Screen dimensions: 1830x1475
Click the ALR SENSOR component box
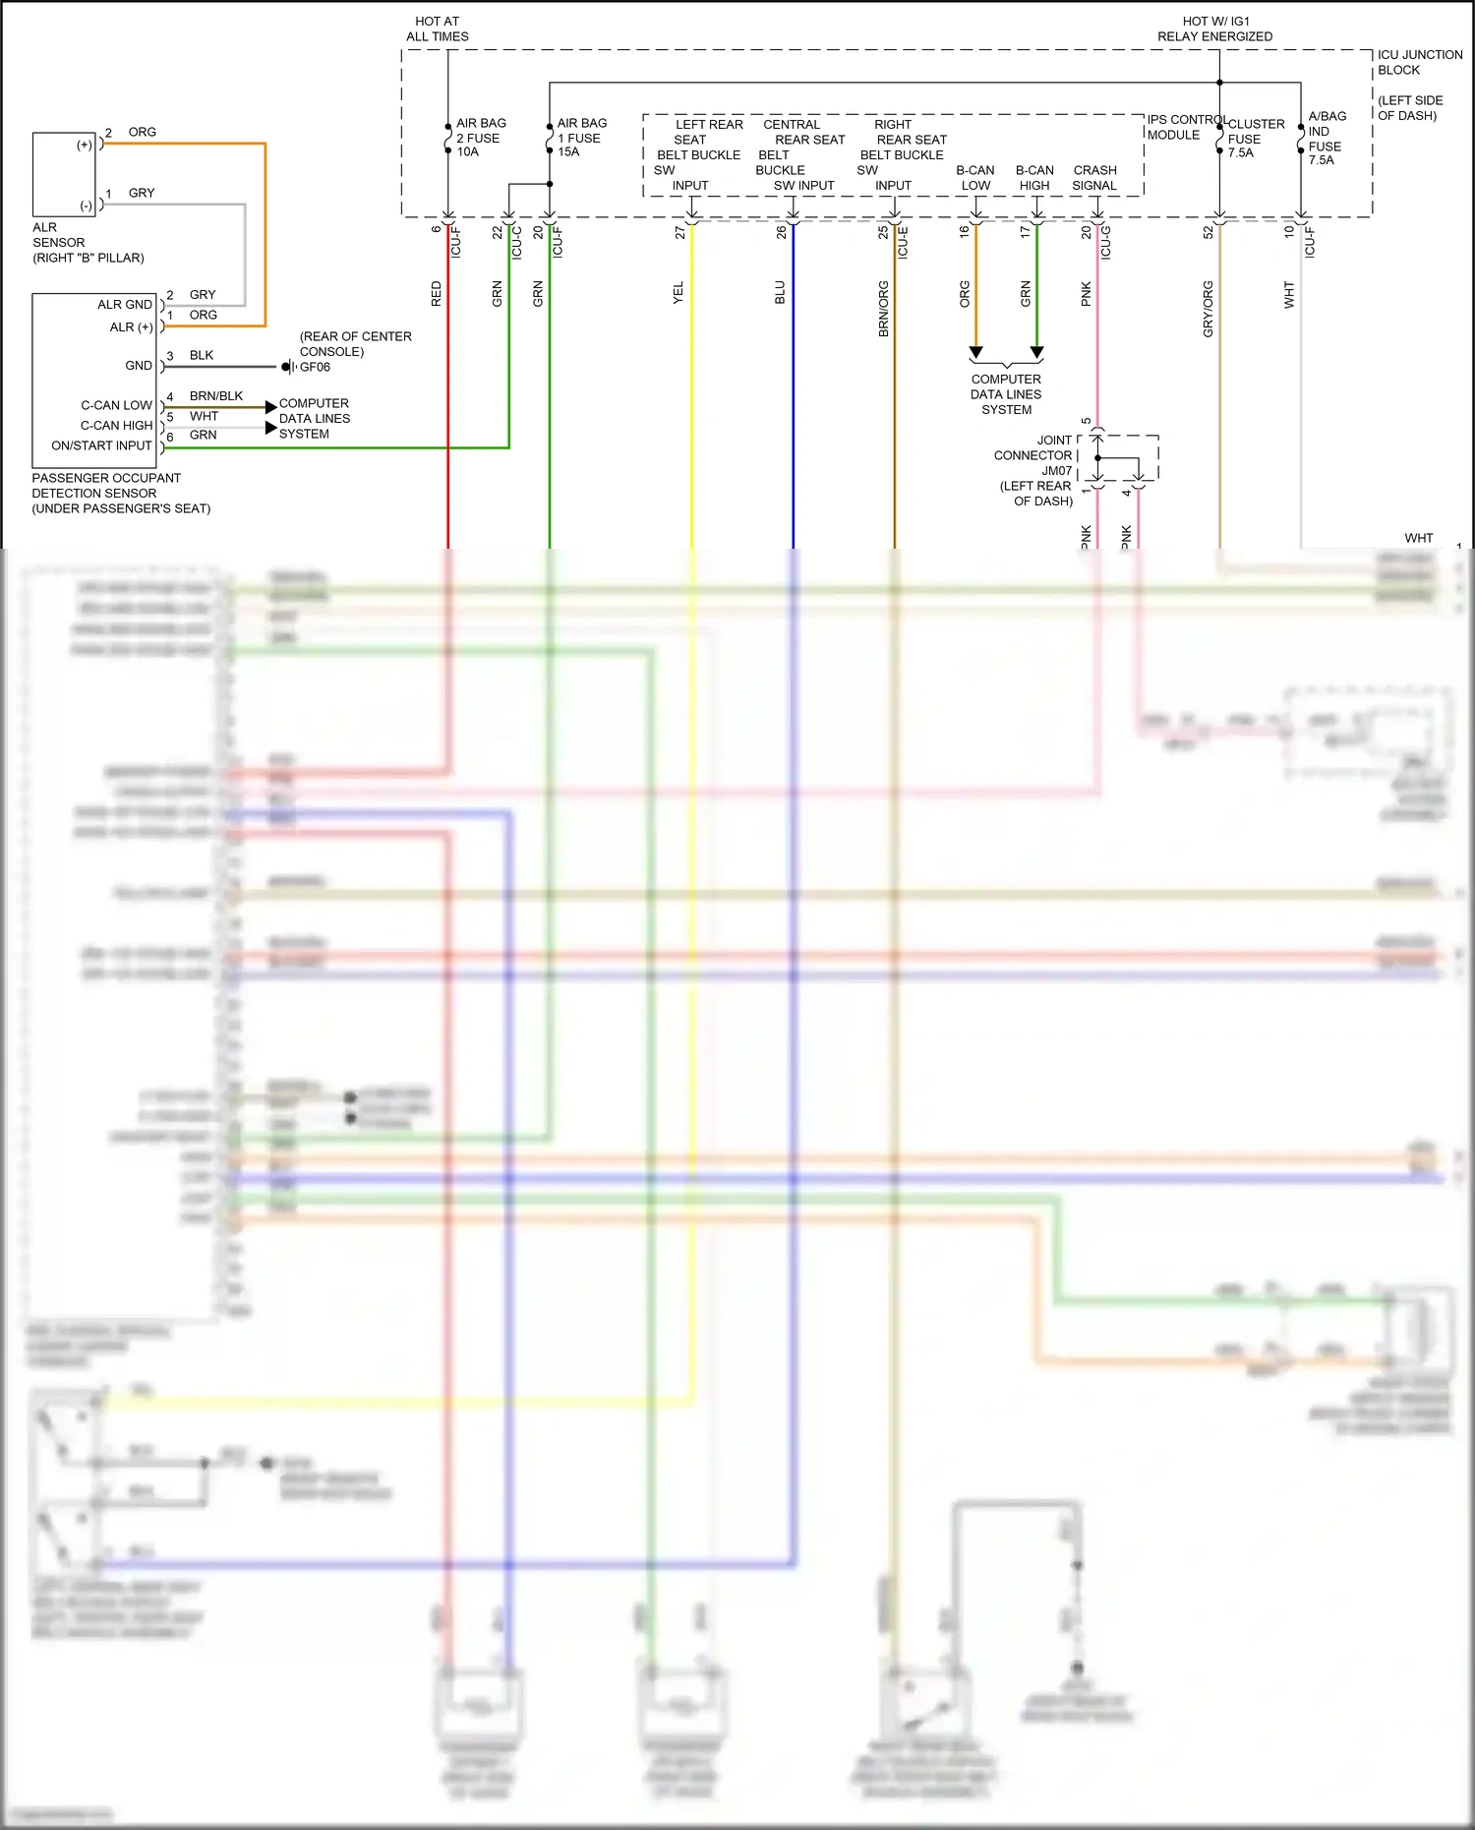[x=64, y=175]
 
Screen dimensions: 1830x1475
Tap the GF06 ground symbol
[x=288, y=367]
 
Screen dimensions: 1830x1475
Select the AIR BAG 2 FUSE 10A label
[x=480, y=138]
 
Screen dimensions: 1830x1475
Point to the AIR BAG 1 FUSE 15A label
[x=581, y=138]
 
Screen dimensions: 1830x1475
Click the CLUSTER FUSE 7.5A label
[x=1255, y=139]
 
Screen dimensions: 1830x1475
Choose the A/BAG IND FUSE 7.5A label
[x=1326, y=138]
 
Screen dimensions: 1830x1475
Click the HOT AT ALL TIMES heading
[x=438, y=29]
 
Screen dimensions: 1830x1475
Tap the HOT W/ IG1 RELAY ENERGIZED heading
[x=1214, y=29]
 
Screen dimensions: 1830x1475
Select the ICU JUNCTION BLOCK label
[x=1419, y=62]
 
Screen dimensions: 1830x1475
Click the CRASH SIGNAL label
[x=1094, y=178]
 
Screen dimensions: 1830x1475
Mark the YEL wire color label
[x=678, y=293]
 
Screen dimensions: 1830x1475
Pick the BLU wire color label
[x=780, y=292]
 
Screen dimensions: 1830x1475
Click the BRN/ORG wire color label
[x=883, y=309]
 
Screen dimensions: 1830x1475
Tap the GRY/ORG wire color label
[x=1208, y=309]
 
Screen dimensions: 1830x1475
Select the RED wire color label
[x=437, y=293]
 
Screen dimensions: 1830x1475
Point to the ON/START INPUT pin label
[x=101, y=445]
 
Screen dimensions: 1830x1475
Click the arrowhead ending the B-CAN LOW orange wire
[x=975, y=352]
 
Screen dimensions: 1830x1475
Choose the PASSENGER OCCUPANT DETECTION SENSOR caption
[x=120, y=493]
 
